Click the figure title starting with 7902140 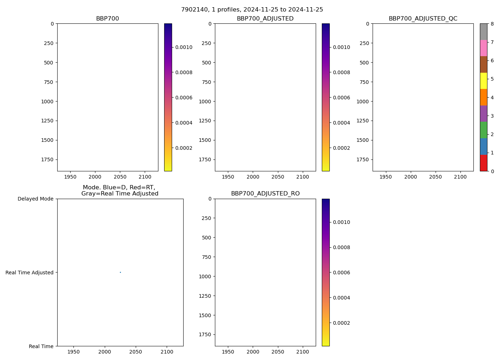pos(252,10)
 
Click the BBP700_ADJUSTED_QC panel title pos(423,19)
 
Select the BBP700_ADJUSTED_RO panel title pos(265,194)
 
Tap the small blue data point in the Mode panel pos(120,272)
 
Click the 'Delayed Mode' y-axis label pos(35,199)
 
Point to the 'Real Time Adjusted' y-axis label pos(30,273)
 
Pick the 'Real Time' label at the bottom pos(41,346)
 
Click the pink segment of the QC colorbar pos(483,48)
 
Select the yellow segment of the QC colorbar pos(483,81)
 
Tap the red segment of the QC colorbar pos(483,163)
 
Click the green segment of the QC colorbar pos(483,130)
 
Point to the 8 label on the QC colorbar pos(492,24)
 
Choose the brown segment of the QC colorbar pos(483,64)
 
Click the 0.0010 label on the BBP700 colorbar pos(184,47)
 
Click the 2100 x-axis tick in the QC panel pos(460,177)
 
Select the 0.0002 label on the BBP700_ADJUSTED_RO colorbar pos(341,323)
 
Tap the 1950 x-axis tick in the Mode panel pos(73,352)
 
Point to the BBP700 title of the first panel pos(107,19)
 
